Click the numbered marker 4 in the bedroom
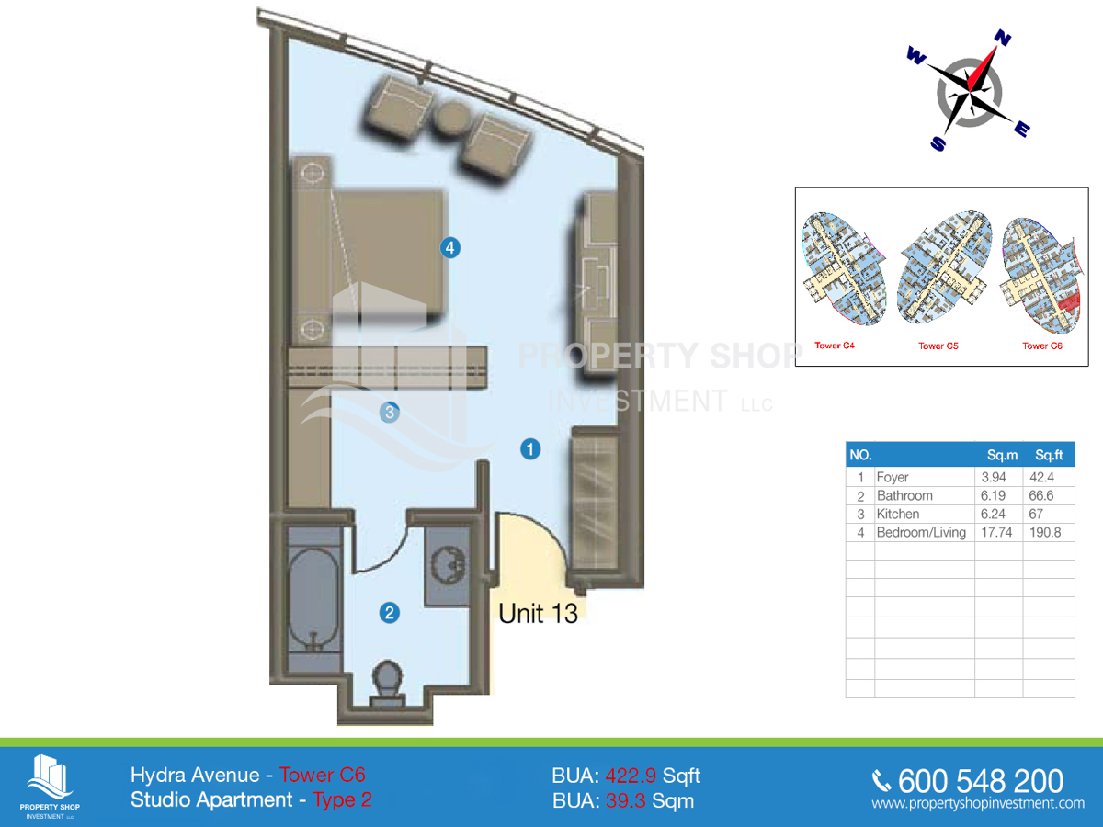[449, 247]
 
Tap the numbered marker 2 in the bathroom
[390, 613]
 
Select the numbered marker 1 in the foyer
[530, 449]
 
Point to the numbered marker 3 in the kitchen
[390, 413]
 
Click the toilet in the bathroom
[387, 684]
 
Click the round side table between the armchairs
[451, 118]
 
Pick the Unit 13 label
[539, 613]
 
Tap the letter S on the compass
[938, 143]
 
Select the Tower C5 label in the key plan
[938, 346]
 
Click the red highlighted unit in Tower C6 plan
[1069, 302]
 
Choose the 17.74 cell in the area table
[996, 532]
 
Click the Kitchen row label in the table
[898, 514]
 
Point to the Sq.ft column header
[1049, 455]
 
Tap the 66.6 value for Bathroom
[1041, 495]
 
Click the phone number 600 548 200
[981, 781]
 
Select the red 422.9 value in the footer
[631, 776]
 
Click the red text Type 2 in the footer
[342, 799]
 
